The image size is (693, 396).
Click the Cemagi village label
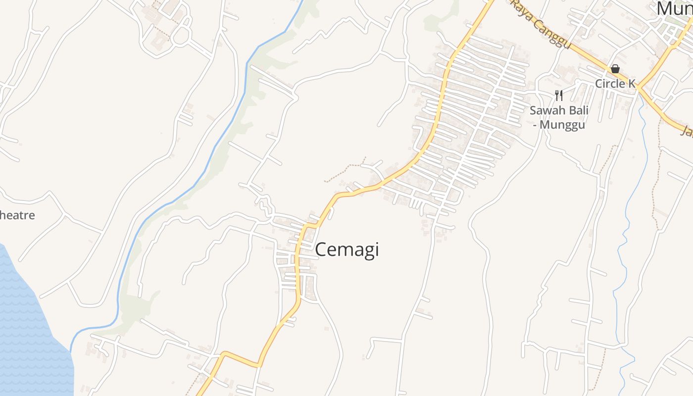[x=347, y=249]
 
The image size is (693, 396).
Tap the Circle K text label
[x=615, y=84]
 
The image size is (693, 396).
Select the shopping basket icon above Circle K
[x=615, y=69]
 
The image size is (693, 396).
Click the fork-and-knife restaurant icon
[x=559, y=95]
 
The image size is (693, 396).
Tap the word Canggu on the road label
[x=555, y=34]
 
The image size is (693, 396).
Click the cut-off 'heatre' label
[x=17, y=215]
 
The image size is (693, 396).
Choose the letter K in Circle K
[x=631, y=84]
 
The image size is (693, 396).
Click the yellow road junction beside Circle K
[x=639, y=88]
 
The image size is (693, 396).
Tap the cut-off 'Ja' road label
[x=687, y=131]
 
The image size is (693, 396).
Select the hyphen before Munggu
[x=535, y=125]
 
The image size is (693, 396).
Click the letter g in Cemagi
[x=366, y=251]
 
